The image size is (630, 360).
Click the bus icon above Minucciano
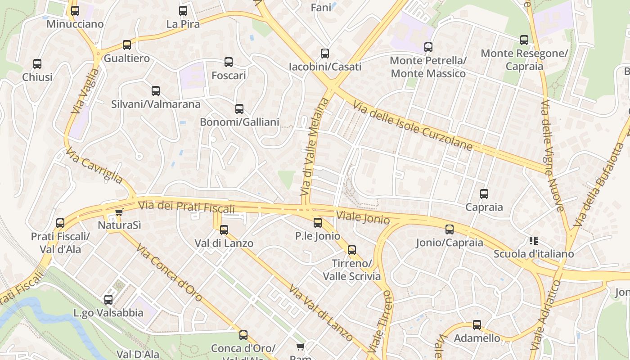(x=75, y=11)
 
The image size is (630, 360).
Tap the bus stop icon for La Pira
(x=183, y=11)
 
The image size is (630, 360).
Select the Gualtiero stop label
(x=126, y=58)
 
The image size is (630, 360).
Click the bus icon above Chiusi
(x=37, y=64)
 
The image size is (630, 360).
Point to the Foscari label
(x=229, y=75)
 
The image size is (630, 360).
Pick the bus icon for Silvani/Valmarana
(x=156, y=91)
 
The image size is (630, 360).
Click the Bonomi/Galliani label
(x=239, y=122)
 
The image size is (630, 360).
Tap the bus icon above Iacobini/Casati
(x=325, y=54)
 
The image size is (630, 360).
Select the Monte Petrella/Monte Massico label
(x=428, y=67)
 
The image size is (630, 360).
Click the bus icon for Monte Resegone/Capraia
(x=524, y=40)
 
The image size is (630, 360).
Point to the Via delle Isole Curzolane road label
(x=412, y=126)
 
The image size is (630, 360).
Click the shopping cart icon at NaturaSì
(x=119, y=212)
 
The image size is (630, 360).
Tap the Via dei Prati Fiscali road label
(x=187, y=207)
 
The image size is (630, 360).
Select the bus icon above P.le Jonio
(x=318, y=222)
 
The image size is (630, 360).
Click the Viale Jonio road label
(x=363, y=217)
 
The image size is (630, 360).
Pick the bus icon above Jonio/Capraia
(x=450, y=229)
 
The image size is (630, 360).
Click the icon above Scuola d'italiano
(x=534, y=241)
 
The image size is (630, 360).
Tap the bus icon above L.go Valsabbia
(x=108, y=300)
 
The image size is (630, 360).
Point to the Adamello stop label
(x=477, y=338)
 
